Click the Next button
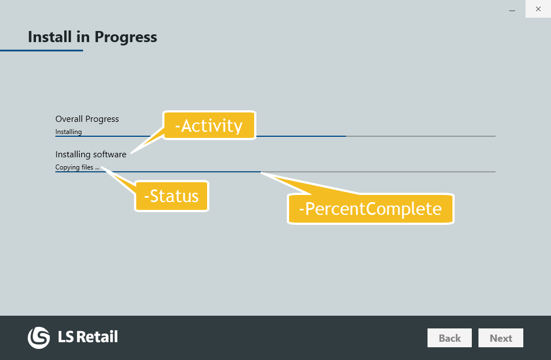point(501,338)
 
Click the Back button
point(449,338)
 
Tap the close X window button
point(538,9)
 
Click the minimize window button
point(512,9)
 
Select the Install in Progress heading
point(92,37)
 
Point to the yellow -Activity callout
point(209,126)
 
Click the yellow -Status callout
point(172,196)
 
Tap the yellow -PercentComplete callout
point(370,208)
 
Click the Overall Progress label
point(87,119)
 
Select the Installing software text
point(91,154)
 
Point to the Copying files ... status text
point(78,167)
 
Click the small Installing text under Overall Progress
point(69,132)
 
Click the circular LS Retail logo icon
point(39,337)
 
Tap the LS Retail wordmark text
point(87,337)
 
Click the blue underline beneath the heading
point(42,50)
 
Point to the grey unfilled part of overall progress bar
point(421,136)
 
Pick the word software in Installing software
point(110,154)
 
